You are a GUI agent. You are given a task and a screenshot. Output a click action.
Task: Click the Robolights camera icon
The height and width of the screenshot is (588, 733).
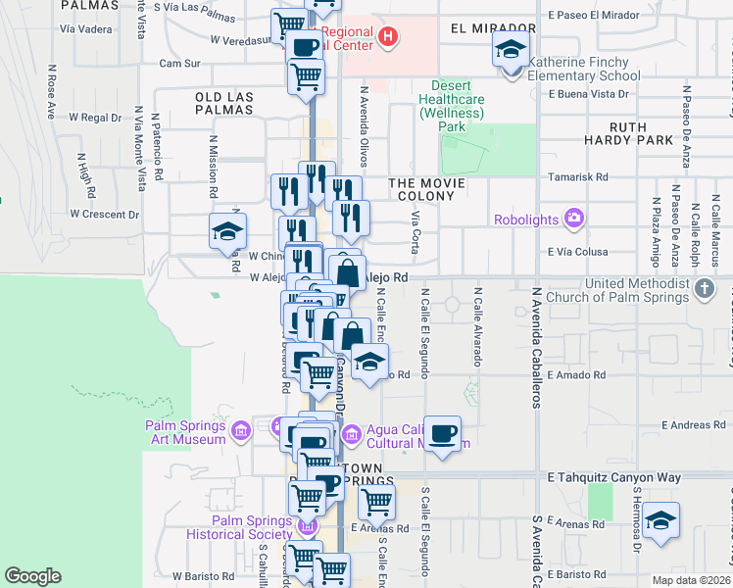coord(573,218)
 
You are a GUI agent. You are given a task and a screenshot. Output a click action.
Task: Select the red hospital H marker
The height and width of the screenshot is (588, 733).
coord(389,38)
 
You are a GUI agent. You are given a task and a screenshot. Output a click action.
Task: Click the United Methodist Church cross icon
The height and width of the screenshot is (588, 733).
coord(704,290)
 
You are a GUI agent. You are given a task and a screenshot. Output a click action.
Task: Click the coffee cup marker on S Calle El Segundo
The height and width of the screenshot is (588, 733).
coord(442,432)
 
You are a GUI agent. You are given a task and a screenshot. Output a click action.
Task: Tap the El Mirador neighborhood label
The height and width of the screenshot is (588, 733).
coord(494,28)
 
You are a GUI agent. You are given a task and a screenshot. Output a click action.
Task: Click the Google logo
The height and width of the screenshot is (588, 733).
coord(33,576)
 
